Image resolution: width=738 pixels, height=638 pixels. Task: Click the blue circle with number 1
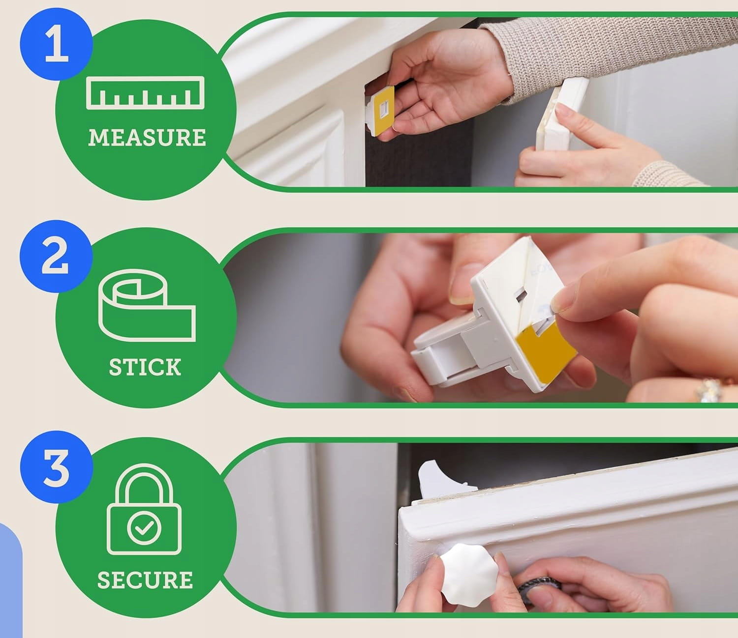coord(57,45)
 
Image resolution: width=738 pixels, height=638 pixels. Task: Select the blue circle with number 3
coord(56,467)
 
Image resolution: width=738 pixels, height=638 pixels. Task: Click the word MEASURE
coord(147,137)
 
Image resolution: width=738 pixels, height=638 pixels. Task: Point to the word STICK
coord(145,367)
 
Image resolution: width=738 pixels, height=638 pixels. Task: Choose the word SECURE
coord(145,580)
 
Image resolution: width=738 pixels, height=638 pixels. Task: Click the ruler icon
coord(145,92)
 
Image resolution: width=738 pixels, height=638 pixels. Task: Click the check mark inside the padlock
coord(144,527)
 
